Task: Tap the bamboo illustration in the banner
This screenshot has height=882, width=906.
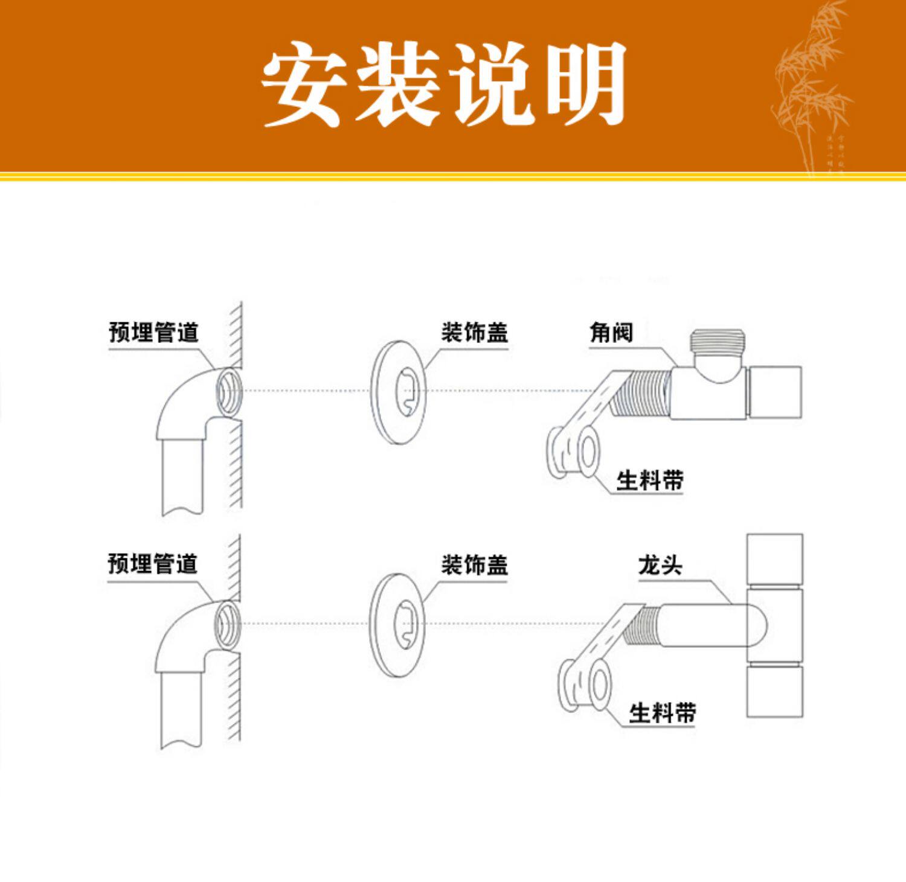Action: pyautogui.click(x=809, y=91)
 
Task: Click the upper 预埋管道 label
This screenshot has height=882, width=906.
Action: pyautogui.click(x=153, y=333)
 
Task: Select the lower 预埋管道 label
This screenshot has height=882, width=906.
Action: pyautogui.click(x=153, y=564)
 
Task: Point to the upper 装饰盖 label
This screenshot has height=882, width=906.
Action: pyautogui.click(x=474, y=333)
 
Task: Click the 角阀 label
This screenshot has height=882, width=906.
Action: pyautogui.click(x=611, y=333)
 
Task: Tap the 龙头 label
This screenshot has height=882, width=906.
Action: pyautogui.click(x=660, y=566)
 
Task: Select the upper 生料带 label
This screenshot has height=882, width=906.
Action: pyautogui.click(x=649, y=481)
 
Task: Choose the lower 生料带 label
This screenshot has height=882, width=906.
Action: pyautogui.click(x=662, y=713)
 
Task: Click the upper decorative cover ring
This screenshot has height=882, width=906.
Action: pyautogui.click(x=399, y=392)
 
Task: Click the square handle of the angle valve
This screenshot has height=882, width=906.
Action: pyautogui.click(x=776, y=392)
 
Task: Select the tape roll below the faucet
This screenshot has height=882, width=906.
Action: pyautogui.click(x=585, y=685)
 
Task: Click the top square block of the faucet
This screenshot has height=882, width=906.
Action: pyautogui.click(x=775, y=559)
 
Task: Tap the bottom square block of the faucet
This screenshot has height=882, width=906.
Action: pyautogui.click(x=775, y=691)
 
